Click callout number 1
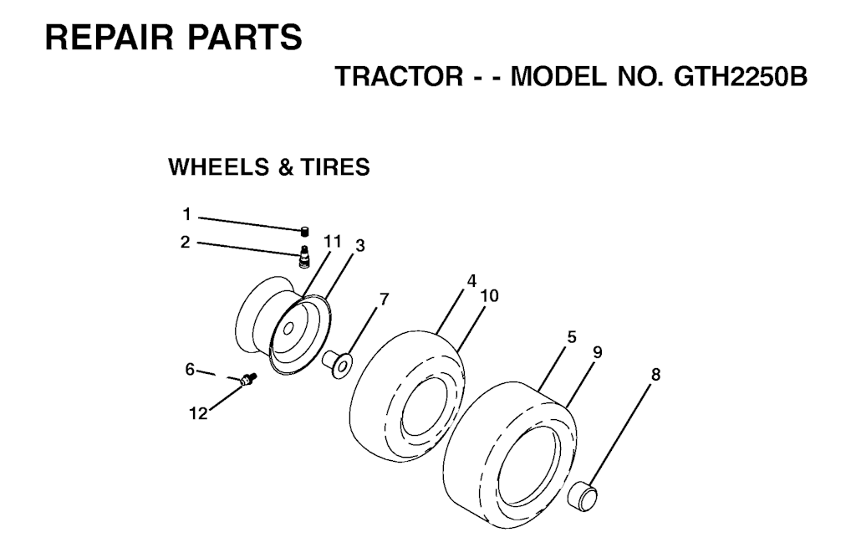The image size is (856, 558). click(x=186, y=215)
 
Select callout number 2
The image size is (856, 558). click(x=186, y=242)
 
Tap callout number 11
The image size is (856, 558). click(x=332, y=241)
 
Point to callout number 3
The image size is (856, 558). click(x=359, y=246)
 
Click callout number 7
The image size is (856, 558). click(x=385, y=299)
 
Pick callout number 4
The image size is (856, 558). click(x=471, y=281)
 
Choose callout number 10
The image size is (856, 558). click(x=490, y=295)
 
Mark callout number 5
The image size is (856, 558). click(x=572, y=337)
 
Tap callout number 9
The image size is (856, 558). click(x=597, y=352)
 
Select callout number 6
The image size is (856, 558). click(x=190, y=370)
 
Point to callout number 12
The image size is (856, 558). click(x=199, y=414)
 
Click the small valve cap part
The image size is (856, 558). click(x=305, y=231)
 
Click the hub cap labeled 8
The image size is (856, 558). click(x=583, y=496)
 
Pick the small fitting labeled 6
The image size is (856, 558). click(x=248, y=378)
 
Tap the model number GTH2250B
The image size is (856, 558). click(x=741, y=76)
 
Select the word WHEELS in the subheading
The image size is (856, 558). click(x=221, y=167)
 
